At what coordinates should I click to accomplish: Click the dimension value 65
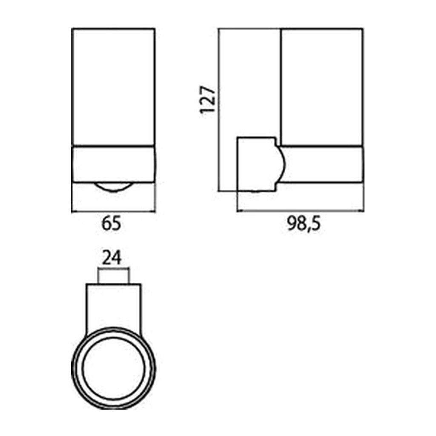pos(112,224)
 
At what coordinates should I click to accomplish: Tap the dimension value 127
pos(208,100)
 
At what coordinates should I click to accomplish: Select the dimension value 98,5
pos(304,224)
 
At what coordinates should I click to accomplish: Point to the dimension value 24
pos(112,258)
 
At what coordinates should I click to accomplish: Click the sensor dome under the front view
pos(113,187)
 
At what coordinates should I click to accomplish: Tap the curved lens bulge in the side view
pos(281,163)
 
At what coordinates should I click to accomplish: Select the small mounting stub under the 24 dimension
pos(113,276)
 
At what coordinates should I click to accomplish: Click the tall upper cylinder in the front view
pos(113,87)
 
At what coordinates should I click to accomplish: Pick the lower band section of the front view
pos(113,164)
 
